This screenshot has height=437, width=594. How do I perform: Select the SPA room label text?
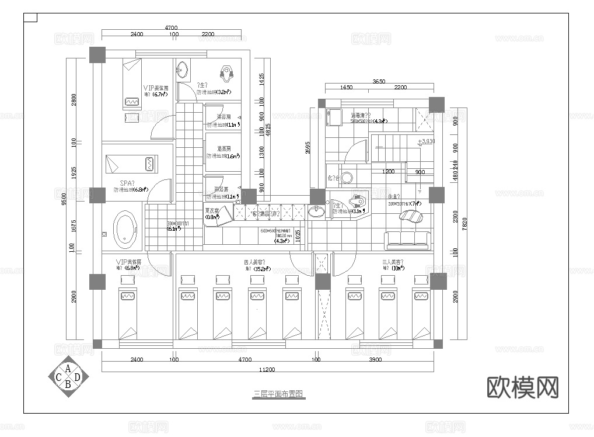click(127, 183)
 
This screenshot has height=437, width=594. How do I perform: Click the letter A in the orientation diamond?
click(68, 369)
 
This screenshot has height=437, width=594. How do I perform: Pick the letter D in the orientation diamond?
click(78, 377)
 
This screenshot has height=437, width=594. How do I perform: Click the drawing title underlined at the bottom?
click(278, 394)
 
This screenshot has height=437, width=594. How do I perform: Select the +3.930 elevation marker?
click(427, 141)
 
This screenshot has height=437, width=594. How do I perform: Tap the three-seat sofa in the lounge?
click(407, 238)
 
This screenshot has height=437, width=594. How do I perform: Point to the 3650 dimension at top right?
click(379, 82)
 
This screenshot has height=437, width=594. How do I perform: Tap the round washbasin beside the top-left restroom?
click(183, 70)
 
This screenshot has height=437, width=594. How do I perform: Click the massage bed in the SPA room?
click(131, 164)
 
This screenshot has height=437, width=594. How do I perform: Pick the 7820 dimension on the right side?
click(464, 224)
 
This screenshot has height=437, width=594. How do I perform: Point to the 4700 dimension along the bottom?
click(245, 360)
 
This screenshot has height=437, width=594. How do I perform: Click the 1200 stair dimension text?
click(388, 172)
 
